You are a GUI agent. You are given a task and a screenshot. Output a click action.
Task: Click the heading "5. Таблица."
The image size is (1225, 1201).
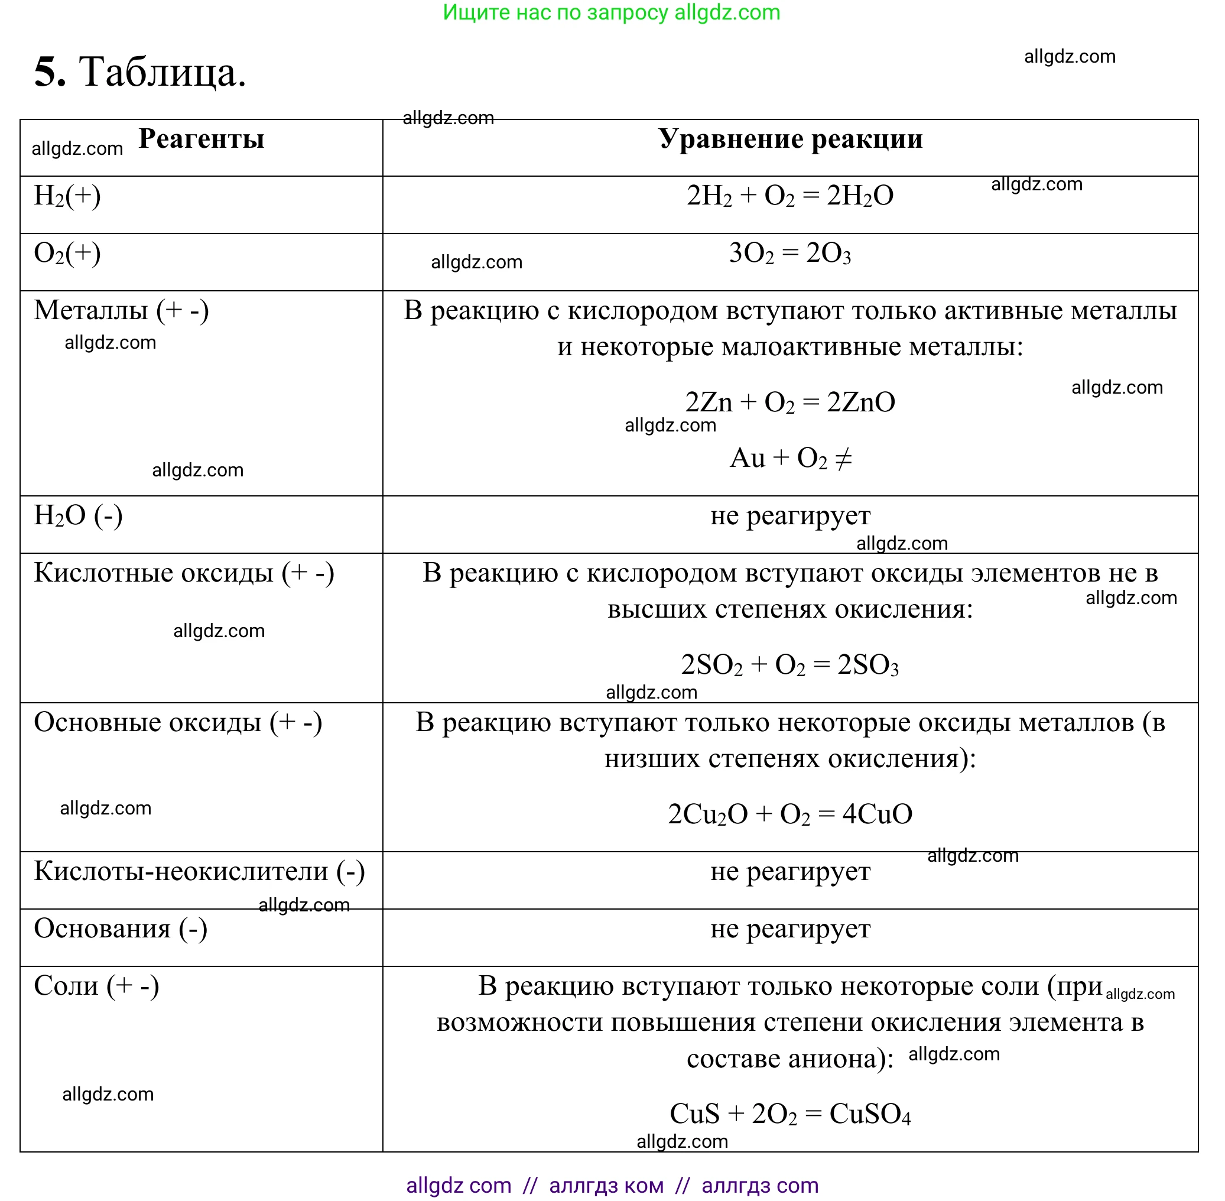[x=139, y=72]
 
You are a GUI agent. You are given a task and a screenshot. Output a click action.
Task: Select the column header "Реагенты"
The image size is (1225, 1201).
[x=202, y=139]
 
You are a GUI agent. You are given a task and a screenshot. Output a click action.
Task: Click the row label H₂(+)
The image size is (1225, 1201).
[x=67, y=196]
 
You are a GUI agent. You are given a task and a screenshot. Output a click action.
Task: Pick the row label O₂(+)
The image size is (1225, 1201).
[x=67, y=254]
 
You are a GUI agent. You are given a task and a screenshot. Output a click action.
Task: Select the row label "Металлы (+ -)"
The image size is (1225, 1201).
[x=121, y=310]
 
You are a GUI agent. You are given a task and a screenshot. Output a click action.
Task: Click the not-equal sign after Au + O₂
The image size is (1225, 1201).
[x=843, y=459]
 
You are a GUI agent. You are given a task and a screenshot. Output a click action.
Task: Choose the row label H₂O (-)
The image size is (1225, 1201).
[x=78, y=516]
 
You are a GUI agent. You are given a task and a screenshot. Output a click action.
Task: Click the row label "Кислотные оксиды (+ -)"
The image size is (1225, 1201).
[x=184, y=573]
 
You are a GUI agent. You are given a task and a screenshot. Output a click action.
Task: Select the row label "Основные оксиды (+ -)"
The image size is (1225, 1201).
[x=178, y=722]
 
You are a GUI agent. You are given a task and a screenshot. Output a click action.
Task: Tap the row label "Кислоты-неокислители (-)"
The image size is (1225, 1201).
[x=199, y=872]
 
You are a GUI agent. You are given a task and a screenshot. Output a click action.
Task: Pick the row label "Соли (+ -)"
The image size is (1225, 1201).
[x=96, y=986]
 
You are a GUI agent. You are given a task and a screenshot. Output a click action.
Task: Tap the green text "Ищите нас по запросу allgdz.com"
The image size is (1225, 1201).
[x=611, y=12]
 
